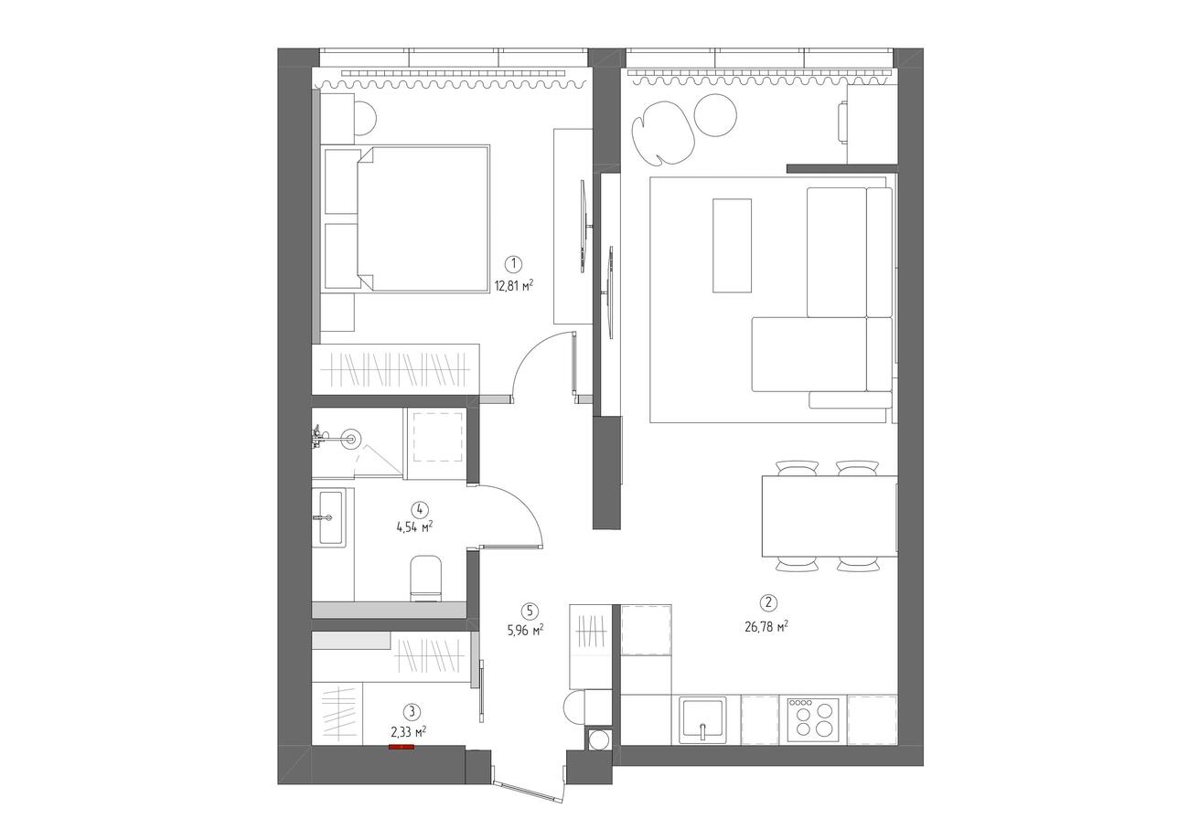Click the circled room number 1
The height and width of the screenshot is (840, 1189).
point(513,263)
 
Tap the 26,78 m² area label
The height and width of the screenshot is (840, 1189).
point(766,627)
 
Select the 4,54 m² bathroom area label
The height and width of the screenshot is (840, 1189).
point(414,527)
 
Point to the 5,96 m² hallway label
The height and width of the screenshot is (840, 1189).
point(525,630)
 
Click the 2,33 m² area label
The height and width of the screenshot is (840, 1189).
point(409,732)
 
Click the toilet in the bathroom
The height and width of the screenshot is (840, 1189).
point(425,578)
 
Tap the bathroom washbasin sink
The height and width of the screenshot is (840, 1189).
point(331,517)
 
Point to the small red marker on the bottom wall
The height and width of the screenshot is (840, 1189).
point(402,747)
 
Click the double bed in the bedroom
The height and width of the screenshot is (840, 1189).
point(422,218)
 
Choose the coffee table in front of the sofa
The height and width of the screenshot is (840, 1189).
point(732,246)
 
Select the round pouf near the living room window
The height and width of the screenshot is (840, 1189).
point(715,115)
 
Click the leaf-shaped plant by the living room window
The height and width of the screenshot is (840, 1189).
point(662,133)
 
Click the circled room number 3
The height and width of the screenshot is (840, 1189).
point(412,710)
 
